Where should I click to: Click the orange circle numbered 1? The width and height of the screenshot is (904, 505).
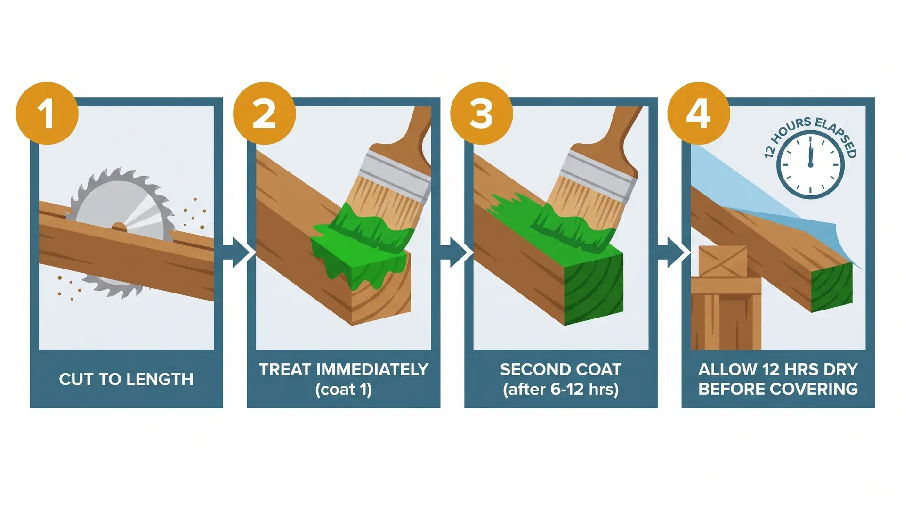pos(47,114)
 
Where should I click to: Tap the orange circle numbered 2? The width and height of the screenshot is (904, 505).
pos(264,114)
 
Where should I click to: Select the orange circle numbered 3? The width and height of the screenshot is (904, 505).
pos(481,114)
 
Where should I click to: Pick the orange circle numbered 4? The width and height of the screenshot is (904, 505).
pos(699,114)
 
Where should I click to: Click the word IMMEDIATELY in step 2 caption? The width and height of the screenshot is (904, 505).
pos(372,369)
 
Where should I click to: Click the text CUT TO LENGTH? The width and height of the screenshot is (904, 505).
pos(126,379)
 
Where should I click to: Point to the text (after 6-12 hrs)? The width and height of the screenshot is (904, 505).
pos(561,390)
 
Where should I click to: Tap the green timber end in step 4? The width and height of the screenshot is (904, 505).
pos(832,287)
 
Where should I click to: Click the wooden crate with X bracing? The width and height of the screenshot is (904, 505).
pos(722,261)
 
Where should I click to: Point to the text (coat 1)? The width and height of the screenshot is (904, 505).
pos(344,390)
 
